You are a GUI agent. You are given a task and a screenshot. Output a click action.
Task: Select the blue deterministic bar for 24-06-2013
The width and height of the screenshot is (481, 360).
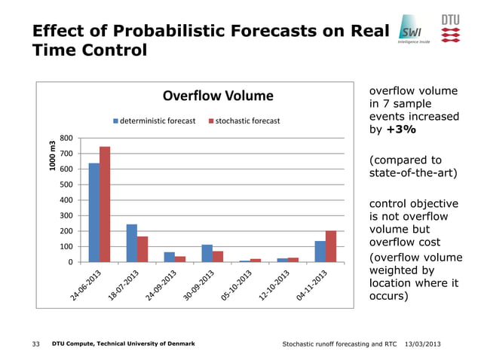point(94,212)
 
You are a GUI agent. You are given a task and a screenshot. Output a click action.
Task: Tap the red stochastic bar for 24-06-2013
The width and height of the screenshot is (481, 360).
point(105,204)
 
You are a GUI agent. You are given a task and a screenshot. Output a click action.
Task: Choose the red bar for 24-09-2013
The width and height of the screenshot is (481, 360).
point(180,258)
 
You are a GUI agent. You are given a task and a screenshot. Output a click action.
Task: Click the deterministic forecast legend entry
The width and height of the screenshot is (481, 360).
point(155,121)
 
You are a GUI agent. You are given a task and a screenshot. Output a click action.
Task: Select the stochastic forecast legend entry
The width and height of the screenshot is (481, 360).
point(244,121)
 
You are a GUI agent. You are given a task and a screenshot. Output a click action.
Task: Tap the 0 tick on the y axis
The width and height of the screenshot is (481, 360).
point(70,262)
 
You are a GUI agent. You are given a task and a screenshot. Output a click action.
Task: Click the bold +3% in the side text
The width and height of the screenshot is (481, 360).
point(400,130)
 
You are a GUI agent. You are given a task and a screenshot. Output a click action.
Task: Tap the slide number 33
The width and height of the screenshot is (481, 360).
point(36,344)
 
